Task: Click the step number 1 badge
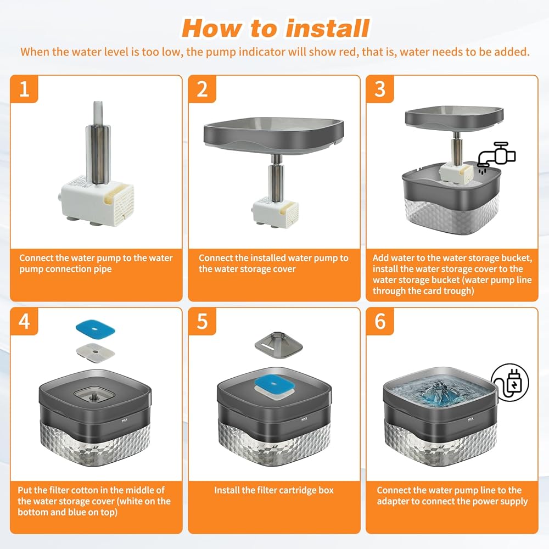24,89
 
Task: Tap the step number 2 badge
202,89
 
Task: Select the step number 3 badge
380,89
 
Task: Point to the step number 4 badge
24,321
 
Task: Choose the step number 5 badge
202,321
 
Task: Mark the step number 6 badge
380,321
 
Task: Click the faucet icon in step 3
496,156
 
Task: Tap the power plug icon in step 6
510,382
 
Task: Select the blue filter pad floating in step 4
96,329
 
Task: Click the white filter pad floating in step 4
96,352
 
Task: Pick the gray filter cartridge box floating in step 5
278,344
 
